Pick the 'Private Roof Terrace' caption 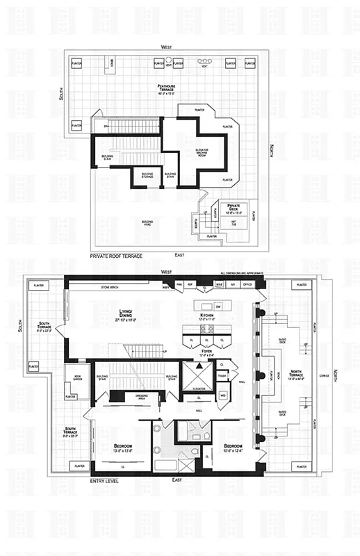click(116, 256)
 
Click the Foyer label click(206, 352)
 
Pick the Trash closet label click(222, 376)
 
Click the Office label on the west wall click(247, 285)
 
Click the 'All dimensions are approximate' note click(241, 274)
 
